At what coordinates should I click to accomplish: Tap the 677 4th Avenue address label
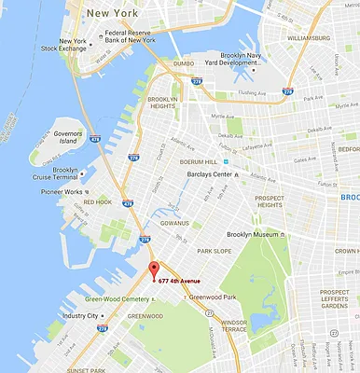tap(191, 281)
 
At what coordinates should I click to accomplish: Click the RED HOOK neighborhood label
tap(97, 201)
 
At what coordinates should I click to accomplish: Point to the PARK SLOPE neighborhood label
tap(215, 250)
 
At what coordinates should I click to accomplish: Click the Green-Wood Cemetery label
tap(117, 299)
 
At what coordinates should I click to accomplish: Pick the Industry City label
tap(80, 315)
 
